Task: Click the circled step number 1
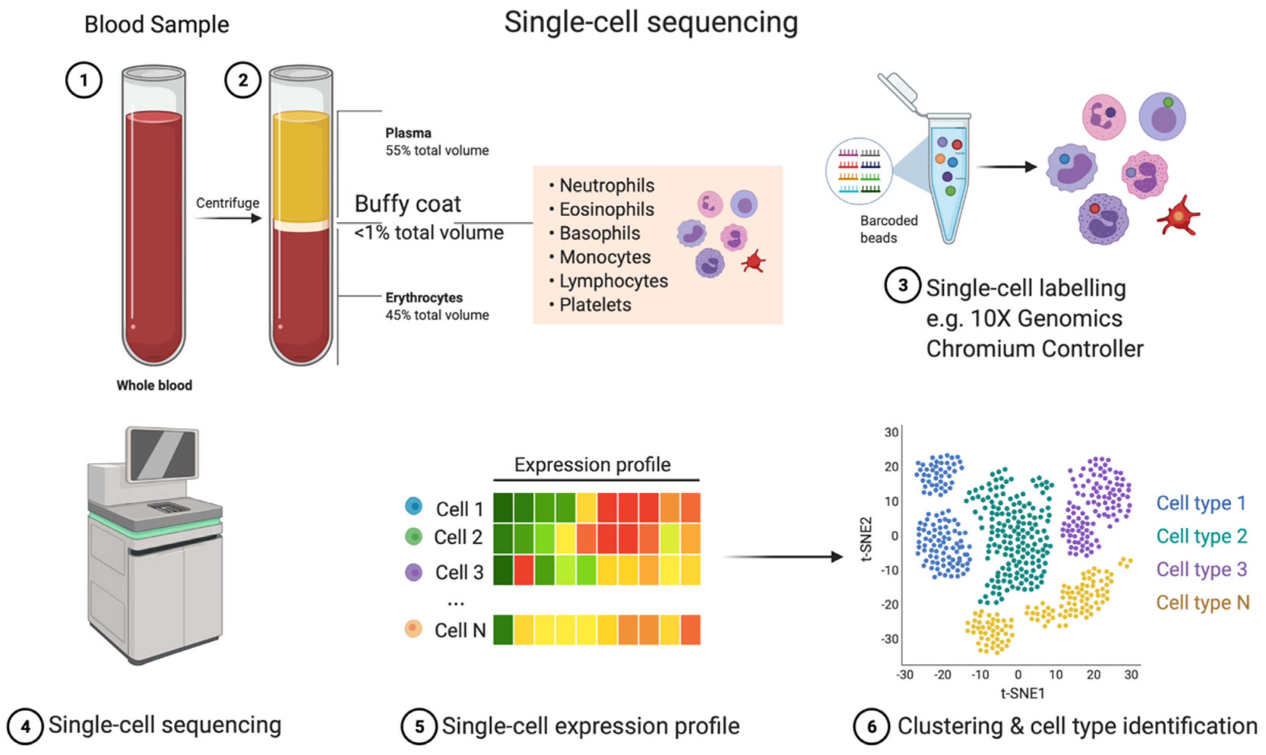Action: [x=84, y=80]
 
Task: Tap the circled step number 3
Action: [x=902, y=286]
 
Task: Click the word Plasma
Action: [x=408, y=133]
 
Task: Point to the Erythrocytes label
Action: [x=424, y=298]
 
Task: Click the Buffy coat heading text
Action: [x=407, y=204]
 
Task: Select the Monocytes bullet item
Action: [x=605, y=257]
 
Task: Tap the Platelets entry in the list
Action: [x=595, y=305]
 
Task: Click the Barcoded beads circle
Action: [x=859, y=171]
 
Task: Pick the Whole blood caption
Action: [x=154, y=385]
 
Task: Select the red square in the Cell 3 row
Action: [x=524, y=570]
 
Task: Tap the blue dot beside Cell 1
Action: [x=414, y=506]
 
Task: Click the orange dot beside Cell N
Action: [x=413, y=628]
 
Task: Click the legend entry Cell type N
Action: [x=1203, y=603]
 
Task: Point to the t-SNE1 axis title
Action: [x=1022, y=693]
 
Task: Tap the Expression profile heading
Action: [x=592, y=465]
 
